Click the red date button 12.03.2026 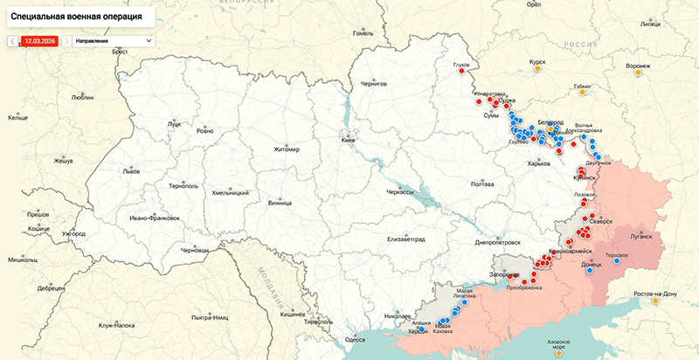tap(40, 41)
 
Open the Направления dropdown tap(113, 41)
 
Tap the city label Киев tap(349, 140)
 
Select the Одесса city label tap(355, 339)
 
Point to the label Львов tap(131, 171)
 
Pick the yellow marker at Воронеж tap(638, 73)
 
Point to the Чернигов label tap(373, 83)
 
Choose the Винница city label tap(280, 203)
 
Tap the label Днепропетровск tap(497, 242)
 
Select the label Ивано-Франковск tap(154, 217)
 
